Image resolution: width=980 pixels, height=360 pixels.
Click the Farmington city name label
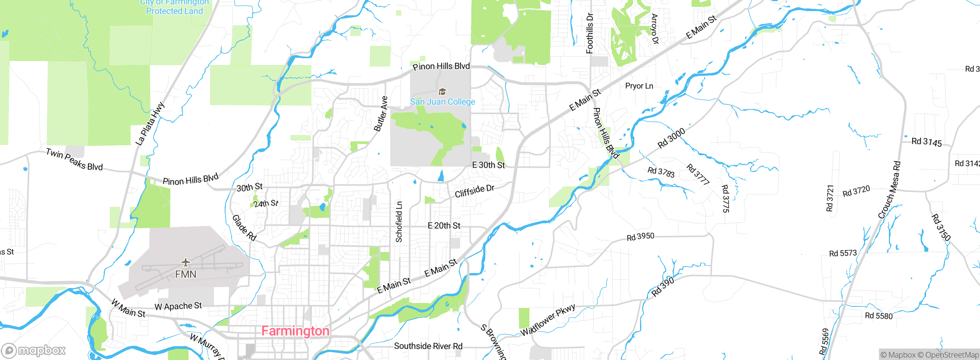point(295,331)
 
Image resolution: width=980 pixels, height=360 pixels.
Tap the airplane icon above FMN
point(186,262)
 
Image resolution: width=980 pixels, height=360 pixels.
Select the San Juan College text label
point(443,102)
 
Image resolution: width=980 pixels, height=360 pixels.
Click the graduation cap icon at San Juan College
point(442,92)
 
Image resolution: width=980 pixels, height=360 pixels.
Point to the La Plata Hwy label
point(150,124)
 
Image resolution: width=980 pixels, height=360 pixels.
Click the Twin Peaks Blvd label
point(74,159)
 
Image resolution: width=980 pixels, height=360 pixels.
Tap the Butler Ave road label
point(381,114)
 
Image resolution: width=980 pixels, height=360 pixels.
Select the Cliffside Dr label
point(474,191)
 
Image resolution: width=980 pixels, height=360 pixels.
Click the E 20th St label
point(444,226)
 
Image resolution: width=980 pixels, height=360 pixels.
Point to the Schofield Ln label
point(399,222)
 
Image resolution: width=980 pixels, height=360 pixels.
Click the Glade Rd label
point(244,227)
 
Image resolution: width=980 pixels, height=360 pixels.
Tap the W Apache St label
point(178,306)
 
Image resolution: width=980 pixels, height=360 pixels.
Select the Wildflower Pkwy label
point(548,320)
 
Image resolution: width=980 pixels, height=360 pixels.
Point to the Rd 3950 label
point(640,237)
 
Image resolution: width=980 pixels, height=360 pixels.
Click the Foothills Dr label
point(590,33)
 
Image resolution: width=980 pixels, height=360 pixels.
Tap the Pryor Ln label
point(639,86)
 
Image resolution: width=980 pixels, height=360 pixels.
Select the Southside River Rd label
point(428,346)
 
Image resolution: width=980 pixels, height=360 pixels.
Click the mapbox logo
point(34,350)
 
